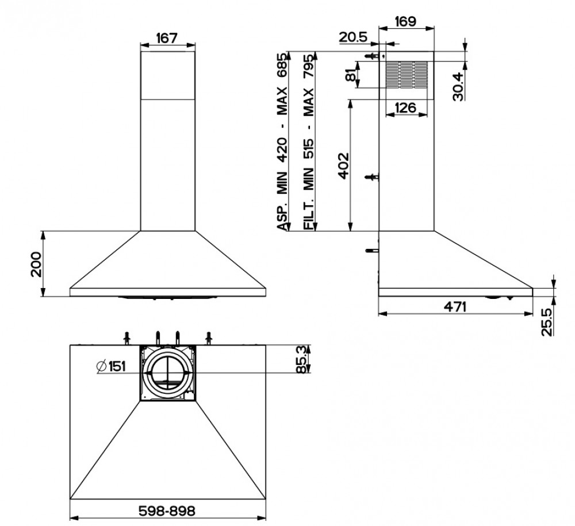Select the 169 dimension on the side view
click(406, 22)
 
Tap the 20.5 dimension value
click(353, 37)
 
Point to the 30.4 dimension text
click(458, 85)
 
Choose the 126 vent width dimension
click(406, 107)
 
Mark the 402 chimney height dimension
click(342, 166)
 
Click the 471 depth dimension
click(455, 306)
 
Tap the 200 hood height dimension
click(36, 264)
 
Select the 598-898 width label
click(167, 510)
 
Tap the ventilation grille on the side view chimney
click(406, 75)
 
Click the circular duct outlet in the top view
click(168, 373)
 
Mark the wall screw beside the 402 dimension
click(373, 177)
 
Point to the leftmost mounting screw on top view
click(125, 338)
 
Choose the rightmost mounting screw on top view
click(210, 338)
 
